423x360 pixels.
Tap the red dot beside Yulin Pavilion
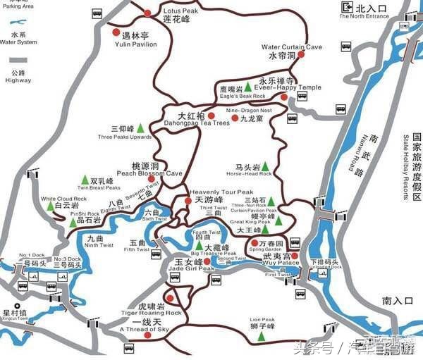[x=116, y=32]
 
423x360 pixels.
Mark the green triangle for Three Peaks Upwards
[x=140, y=128]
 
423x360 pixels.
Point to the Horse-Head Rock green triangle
[x=266, y=167]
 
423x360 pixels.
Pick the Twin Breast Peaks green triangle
[x=85, y=180]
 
